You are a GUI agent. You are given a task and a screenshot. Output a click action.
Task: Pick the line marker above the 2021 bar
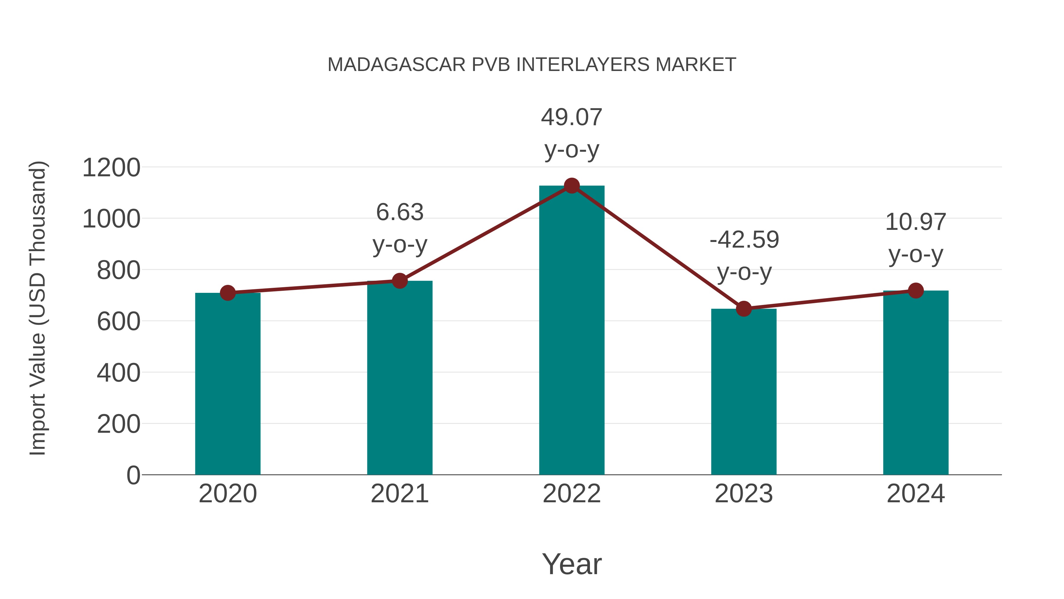(x=399, y=281)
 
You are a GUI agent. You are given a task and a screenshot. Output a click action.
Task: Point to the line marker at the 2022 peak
(x=572, y=186)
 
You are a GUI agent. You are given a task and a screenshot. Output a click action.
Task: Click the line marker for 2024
(x=916, y=290)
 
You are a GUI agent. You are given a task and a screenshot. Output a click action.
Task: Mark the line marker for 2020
(x=228, y=293)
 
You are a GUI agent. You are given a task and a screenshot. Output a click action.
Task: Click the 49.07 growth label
(x=572, y=117)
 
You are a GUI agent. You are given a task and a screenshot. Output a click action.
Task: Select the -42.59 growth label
(x=744, y=240)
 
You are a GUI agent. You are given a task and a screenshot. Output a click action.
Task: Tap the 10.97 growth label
(x=916, y=222)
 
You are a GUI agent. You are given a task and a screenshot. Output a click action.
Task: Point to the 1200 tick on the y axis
(x=111, y=168)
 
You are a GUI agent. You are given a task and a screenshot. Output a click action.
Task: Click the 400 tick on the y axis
(x=119, y=373)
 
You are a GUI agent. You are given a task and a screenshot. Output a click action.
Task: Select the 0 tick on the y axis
(x=133, y=475)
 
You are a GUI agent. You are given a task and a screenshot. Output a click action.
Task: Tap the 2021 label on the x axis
(x=399, y=494)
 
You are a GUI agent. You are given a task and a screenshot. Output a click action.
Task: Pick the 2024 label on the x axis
(x=916, y=494)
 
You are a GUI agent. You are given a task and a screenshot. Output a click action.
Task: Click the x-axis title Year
(x=572, y=564)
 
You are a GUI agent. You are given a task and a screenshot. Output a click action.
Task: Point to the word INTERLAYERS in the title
(x=583, y=65)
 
